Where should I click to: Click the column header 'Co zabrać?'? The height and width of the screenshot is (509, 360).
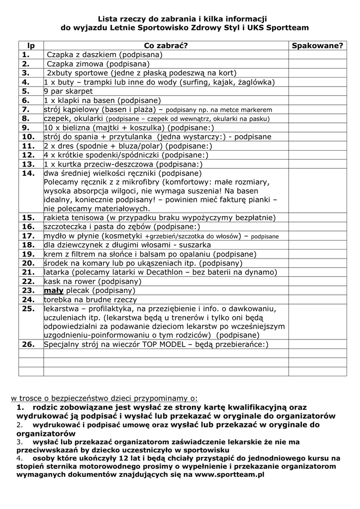coord(165,46)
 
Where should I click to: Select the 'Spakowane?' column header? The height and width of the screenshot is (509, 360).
coord(317,46)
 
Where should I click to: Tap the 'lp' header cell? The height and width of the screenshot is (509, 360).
coord(31,46)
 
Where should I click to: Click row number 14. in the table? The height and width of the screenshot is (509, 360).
coord(28,173)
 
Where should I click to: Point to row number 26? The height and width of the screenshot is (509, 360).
coord(28,344)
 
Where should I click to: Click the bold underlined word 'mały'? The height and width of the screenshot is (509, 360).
coord(54,290)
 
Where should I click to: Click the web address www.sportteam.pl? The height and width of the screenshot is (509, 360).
coord(230,475)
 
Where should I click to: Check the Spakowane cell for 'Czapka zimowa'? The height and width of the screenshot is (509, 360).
coord(317,64)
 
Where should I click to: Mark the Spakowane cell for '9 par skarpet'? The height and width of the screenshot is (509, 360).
coord(317,91)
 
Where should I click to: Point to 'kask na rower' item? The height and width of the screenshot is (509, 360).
coord(68,281)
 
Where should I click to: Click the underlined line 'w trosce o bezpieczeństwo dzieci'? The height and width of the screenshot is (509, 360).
coord(104,398)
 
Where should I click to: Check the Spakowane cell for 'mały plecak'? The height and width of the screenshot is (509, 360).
coord(317,290)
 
